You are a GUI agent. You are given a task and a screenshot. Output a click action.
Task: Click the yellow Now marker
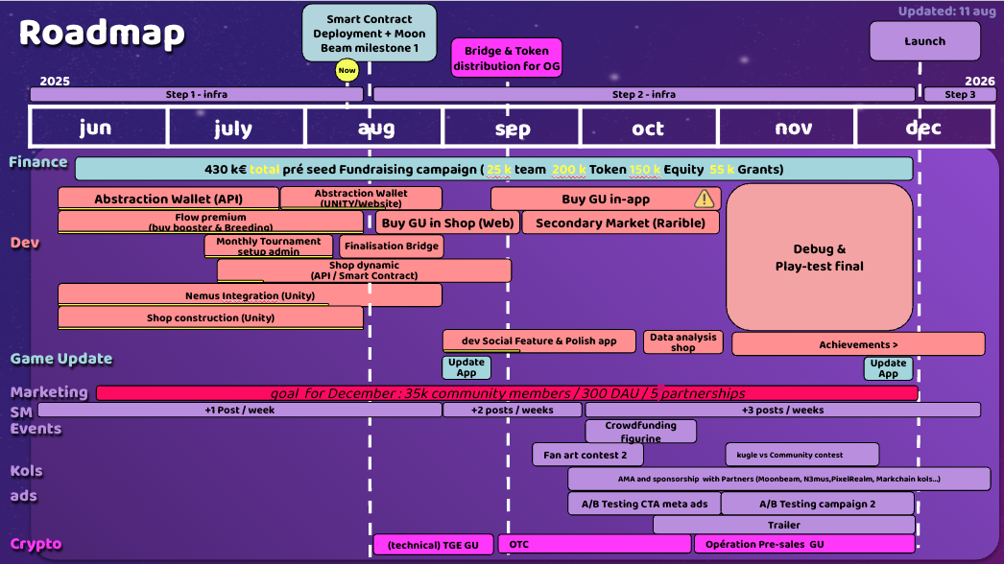[347, 70]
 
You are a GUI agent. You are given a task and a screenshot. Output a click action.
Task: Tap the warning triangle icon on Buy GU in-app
[705, 199]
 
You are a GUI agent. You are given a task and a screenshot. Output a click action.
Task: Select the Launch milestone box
[924, 41]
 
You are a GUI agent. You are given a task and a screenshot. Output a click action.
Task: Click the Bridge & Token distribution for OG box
[507, 59]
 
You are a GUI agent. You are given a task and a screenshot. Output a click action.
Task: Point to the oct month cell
[649, 129]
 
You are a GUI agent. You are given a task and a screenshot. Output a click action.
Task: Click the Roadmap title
[102, 34]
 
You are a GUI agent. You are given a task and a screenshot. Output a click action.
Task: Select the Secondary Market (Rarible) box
[627, 223]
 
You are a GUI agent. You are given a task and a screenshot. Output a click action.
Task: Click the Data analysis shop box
[682, 342]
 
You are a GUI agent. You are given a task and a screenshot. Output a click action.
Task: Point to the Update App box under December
[888, 368]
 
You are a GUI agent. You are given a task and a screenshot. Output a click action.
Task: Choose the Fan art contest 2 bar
[585, 454]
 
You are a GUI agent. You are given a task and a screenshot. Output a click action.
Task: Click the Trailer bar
[783, 525]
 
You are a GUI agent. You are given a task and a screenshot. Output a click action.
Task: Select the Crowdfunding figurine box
[640, 432]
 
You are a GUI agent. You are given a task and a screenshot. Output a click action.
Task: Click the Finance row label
[38, 162]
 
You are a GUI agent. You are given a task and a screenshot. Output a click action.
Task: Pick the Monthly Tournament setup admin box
[269, 247]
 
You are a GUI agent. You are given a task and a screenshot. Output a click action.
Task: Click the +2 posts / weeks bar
[513, 410]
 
